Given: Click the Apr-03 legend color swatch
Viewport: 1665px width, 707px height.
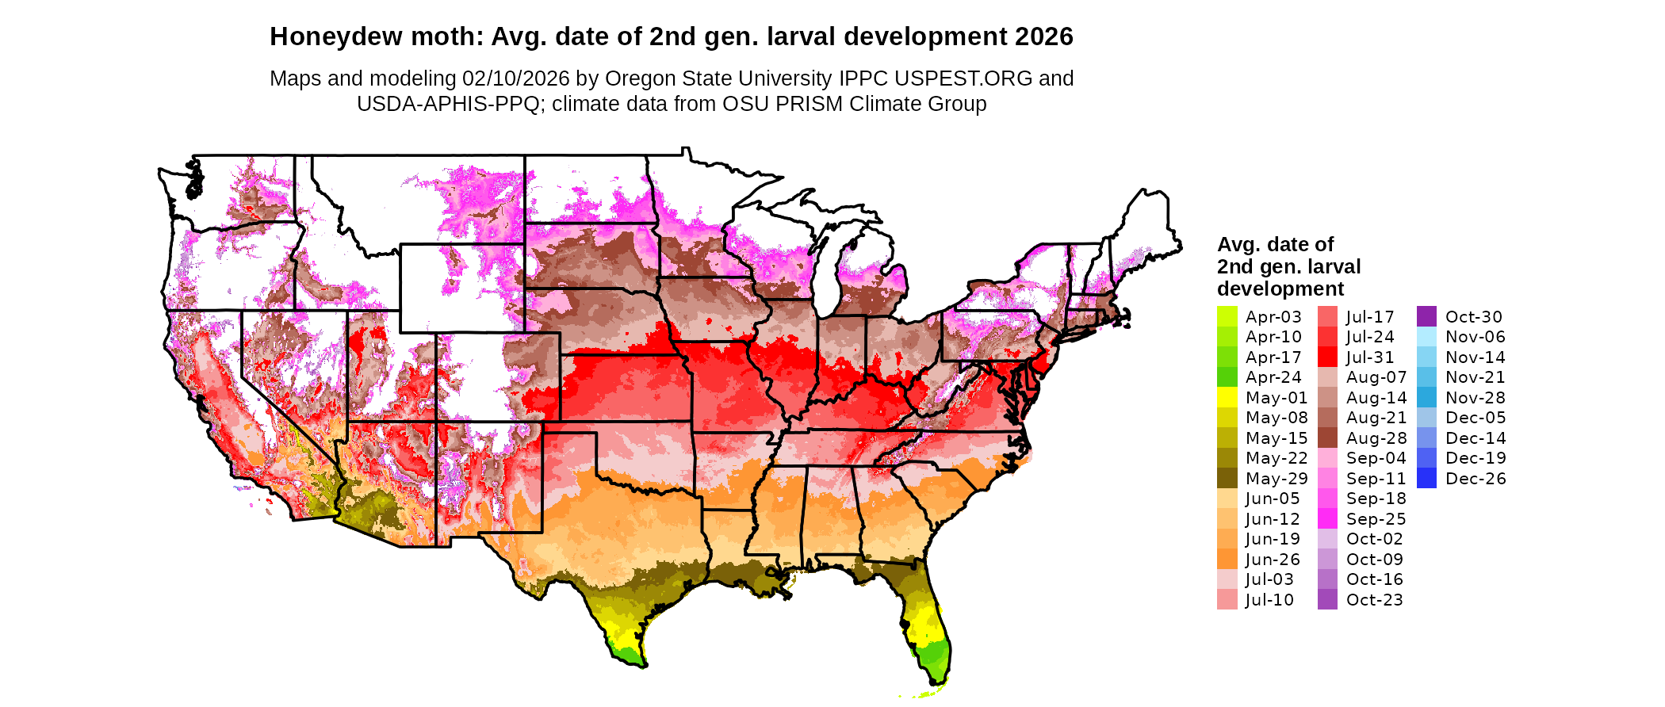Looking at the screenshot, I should (x=1227, y=316).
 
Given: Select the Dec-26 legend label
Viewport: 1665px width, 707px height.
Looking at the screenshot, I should (x=1475, y=479).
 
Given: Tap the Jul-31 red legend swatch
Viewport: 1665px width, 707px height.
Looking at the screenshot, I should (x=1327, y=357).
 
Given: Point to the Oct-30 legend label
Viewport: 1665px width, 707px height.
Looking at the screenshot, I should (x=1473, y=317).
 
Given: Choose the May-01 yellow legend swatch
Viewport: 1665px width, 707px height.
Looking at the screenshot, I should (x=1227, y=397).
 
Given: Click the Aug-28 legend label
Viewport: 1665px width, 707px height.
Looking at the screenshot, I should (x=1376, y=438).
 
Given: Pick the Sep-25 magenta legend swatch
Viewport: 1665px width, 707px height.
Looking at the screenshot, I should (x=1327, y=518).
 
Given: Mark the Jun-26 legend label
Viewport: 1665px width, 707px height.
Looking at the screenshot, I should (x=1273, y=560).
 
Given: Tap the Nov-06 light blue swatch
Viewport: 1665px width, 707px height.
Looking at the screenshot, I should (x=1426, y=337).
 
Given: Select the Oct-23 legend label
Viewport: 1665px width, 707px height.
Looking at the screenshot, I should (x=1374, y=600).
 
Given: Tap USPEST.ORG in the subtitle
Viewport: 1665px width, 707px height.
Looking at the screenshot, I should (x=963, y=79).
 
